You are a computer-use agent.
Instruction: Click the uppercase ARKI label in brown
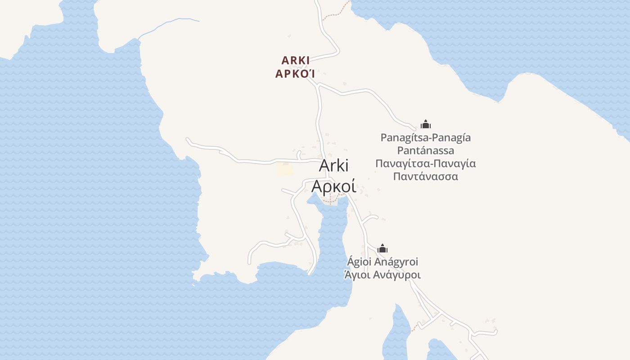click(295, 60)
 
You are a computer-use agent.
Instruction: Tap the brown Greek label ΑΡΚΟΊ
click(295, 74)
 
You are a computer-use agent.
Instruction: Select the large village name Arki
click(334, 166)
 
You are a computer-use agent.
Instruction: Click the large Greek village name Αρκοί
click(334, 186)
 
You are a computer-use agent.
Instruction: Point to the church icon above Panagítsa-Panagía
click(425, 124)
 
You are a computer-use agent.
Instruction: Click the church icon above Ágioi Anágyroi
click(382, 248)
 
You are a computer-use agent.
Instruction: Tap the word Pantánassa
click(425, 150)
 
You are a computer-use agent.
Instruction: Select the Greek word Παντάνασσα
click(425, 176)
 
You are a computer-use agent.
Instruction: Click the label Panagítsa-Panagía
click(425, 138)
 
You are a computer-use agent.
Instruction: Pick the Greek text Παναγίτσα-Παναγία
click(425, 163)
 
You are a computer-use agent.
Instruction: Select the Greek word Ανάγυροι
click(397, 274)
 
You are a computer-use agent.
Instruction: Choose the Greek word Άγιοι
click(357, 274)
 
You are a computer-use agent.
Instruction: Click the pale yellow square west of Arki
click(285, 169)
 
